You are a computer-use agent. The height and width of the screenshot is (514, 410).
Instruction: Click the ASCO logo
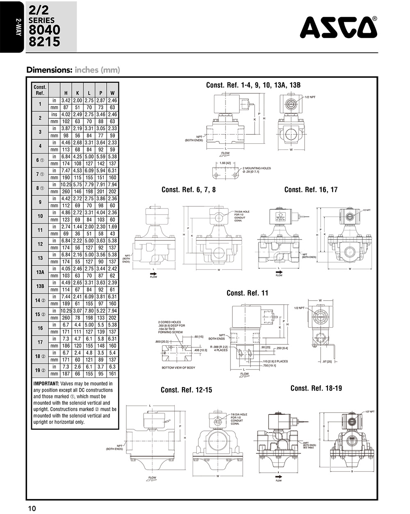[x=339, y=27]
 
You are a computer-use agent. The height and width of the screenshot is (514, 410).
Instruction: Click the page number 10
[x=32, y=508]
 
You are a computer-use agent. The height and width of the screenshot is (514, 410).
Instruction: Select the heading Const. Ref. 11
[x=247, y=293]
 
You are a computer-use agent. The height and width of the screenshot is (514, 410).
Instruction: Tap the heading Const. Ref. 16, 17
[x=311, y=190]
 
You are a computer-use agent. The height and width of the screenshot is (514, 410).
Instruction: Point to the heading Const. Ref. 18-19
[x=316, y=388]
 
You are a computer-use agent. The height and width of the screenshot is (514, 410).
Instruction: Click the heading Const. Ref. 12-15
[x=186, y=390]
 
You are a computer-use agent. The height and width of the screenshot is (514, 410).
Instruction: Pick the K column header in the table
[x=77, y=93]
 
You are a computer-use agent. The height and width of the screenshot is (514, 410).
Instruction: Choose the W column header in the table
[x=112, y=93]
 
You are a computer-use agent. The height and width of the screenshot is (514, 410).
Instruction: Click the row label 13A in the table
[x=40, y=272]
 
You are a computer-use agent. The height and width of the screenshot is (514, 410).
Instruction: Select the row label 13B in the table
[x=40, y=286]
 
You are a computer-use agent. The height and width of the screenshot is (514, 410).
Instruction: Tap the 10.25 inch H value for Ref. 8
[x=66, y=185]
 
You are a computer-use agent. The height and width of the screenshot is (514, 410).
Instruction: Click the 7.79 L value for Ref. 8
[x=89, y=185]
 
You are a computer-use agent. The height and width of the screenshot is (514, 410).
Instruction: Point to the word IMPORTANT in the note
[x=46, y=384]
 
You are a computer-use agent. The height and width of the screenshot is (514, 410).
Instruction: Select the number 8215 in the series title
[x=44, y=42]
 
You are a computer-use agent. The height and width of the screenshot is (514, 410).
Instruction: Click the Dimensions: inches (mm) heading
[x=73, y=70]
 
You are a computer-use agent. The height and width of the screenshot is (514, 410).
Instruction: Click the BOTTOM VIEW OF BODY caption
[x=179, y=367]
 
